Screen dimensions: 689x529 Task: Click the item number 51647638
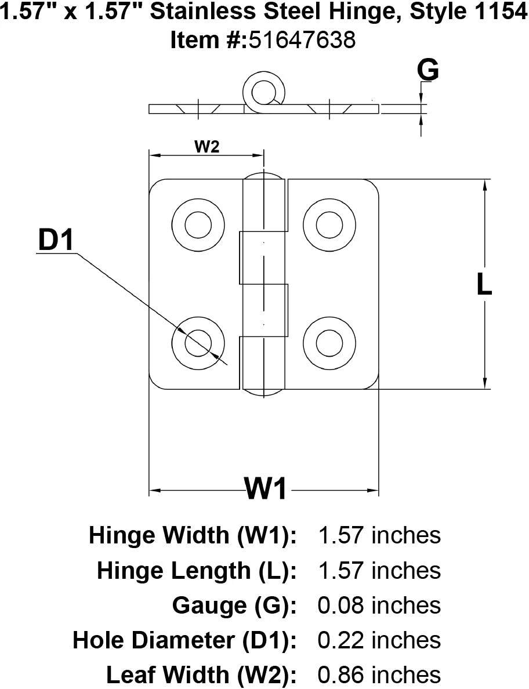click(302, 40)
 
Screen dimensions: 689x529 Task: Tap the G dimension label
click(428, 71)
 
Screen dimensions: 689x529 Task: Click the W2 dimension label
click(206, 147)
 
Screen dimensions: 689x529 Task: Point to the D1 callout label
click(56, 241)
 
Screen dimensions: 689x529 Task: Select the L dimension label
click(484, 285)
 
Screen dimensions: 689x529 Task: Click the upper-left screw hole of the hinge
click(198, 224)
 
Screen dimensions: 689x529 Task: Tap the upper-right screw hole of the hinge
click(329, 224)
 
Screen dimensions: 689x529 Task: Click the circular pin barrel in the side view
click(264, 90)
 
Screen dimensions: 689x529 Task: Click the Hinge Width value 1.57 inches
click(379, 535)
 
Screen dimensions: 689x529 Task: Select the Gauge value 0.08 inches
click(379, 605)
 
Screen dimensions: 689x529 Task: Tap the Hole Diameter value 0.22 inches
click(379, 640)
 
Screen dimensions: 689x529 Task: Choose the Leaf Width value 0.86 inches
click(379, 675)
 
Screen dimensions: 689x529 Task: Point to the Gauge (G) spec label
click(235, 605)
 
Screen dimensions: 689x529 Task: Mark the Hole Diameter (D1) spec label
click(185, 640)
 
